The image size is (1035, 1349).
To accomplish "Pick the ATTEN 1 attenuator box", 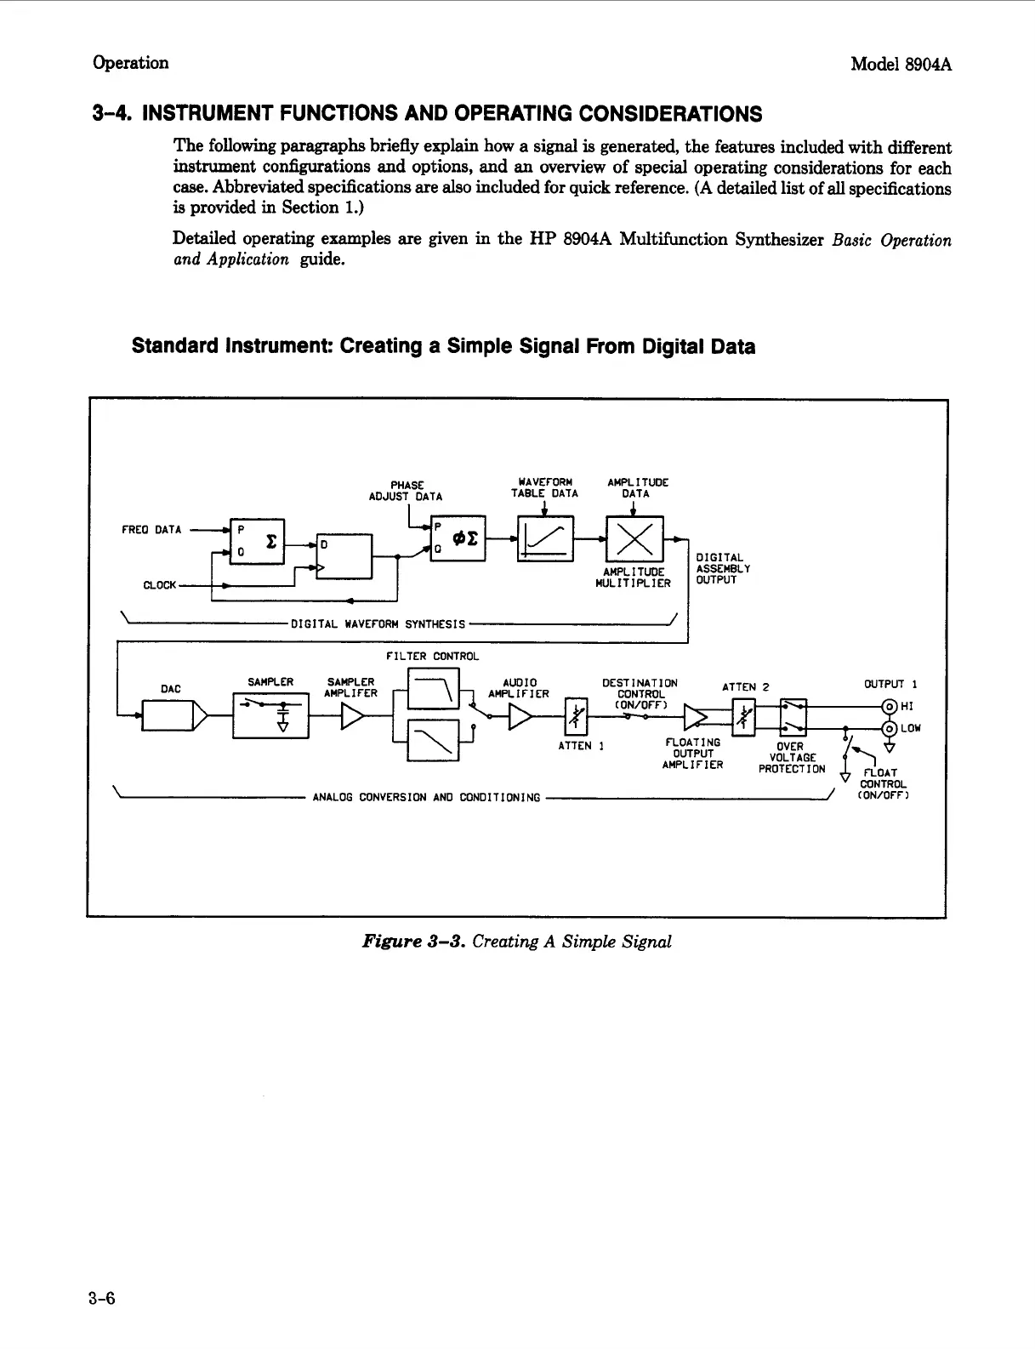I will click(x=577, y=719).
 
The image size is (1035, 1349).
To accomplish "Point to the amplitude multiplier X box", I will click(x=634, y=538).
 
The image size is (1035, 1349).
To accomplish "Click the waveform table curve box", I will click(x=545, y=538).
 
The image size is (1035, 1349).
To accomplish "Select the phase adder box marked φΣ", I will click(x=458, y=538).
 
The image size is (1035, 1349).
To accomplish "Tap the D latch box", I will click(x=344, y=556).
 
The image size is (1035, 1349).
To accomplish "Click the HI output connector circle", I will click(x=890, y=706).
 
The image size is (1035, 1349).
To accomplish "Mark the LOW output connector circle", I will click(x=890, y=728).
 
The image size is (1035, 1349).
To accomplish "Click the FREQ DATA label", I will click(x=151, y=530).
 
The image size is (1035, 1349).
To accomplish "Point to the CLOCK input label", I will click(x=160, y=585).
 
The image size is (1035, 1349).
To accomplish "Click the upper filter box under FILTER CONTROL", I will click(x=434, y=689).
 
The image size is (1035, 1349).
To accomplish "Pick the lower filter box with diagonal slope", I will click(x=434, y=740).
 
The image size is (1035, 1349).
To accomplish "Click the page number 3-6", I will click(x=100, y=1298).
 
